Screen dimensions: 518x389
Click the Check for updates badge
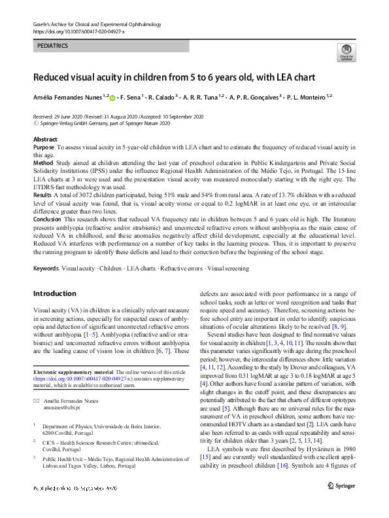point(345,52)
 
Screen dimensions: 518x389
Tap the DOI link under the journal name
point(78,31)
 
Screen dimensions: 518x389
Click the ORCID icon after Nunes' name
point(112,98)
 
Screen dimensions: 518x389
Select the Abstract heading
point(45,140)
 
